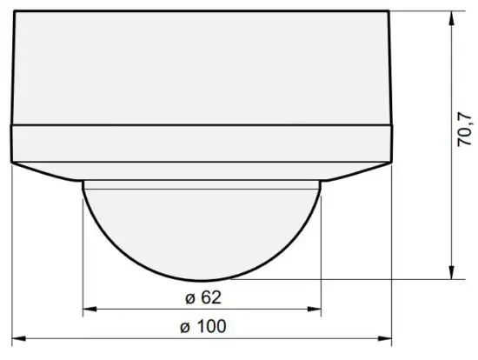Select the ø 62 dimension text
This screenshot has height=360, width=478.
click(203, 297)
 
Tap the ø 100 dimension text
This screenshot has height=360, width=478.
click(202, 327)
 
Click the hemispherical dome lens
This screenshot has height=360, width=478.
click(202, 230)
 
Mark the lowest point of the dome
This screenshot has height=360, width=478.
click(202, 280)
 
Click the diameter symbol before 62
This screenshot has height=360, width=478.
click(189, 298)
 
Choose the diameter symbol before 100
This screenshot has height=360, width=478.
click(183, 328)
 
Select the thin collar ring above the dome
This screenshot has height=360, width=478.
click(202, 183)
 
